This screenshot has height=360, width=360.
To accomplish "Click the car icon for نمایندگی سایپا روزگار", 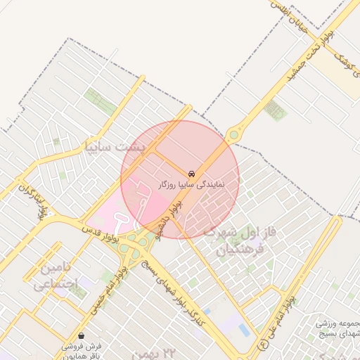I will click(191, 173).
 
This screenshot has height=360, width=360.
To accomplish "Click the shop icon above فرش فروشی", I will click(83, 335).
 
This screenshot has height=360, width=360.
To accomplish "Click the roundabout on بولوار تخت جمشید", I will click(233, 134).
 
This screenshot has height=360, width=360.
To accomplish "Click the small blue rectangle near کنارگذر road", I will click(243, 329).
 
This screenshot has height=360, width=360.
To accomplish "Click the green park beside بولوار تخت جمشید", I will click(276, 110).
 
